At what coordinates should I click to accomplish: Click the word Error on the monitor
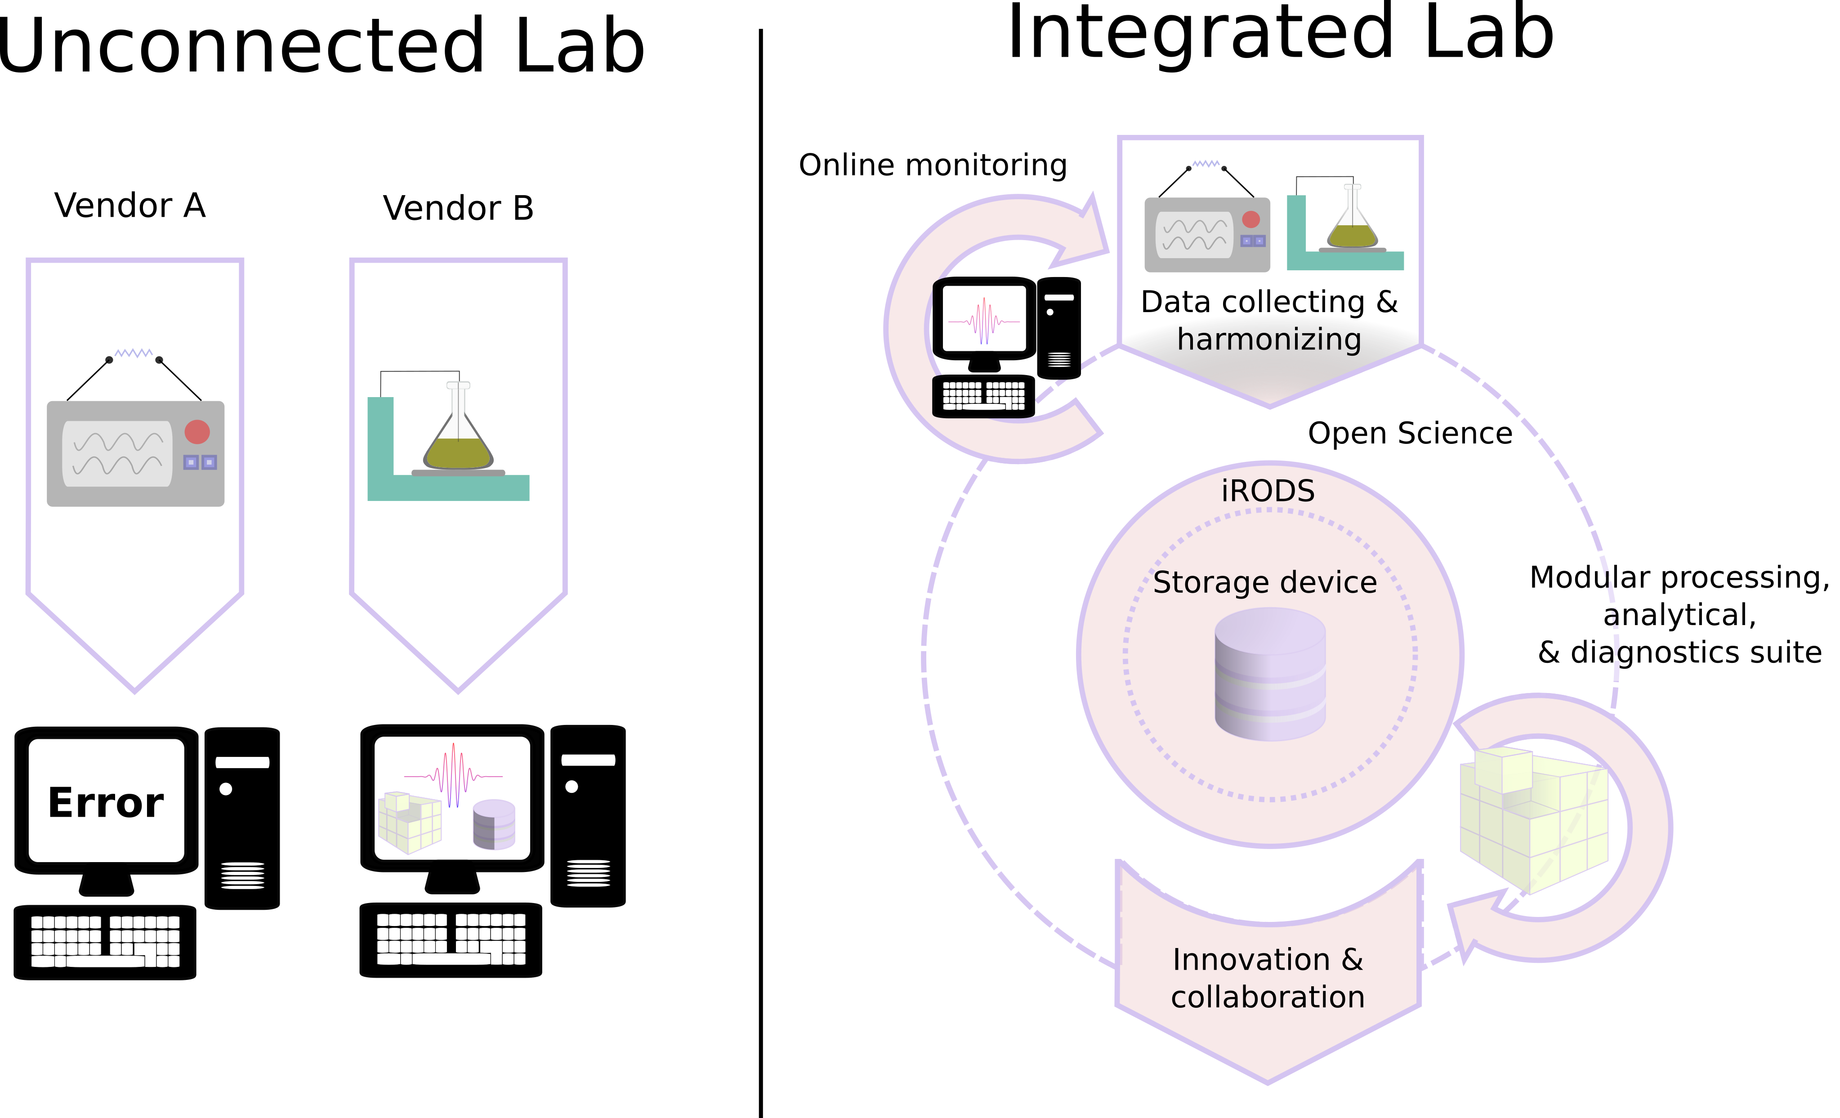(106, 803)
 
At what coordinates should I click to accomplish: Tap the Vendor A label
(130, 206)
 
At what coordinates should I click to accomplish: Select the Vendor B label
(459, 208)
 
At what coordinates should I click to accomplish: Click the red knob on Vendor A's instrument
(197, 432)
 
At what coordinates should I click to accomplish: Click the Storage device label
(1265, 582)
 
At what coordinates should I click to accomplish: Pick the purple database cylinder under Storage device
(1270, 674)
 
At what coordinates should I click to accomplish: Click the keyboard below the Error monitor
(105, 943)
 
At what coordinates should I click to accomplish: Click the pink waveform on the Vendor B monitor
(453, 775)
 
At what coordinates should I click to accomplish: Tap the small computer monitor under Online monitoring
(984, 323)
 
